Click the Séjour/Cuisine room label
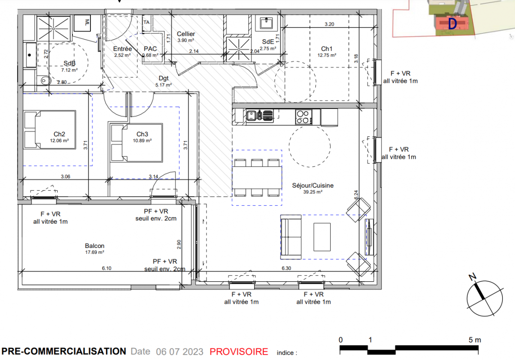pos(313,185)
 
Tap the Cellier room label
pos(186,34)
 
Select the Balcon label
pos(94,246)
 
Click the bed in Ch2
pos(50,130)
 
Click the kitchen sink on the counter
pos(252,115)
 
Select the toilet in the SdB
pos(44,80)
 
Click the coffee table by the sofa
pos(322,237)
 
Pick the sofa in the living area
pos(291,237)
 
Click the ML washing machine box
pos(82,23)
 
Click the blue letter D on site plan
pos(452,24)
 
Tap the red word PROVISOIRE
pos(239,352)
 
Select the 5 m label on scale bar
pos(475,340)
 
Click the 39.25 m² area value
pos(313,192)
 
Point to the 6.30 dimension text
pos(287,268)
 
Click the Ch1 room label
pos(327,49)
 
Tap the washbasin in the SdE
pos(266,23)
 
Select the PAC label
pos(150,49)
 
